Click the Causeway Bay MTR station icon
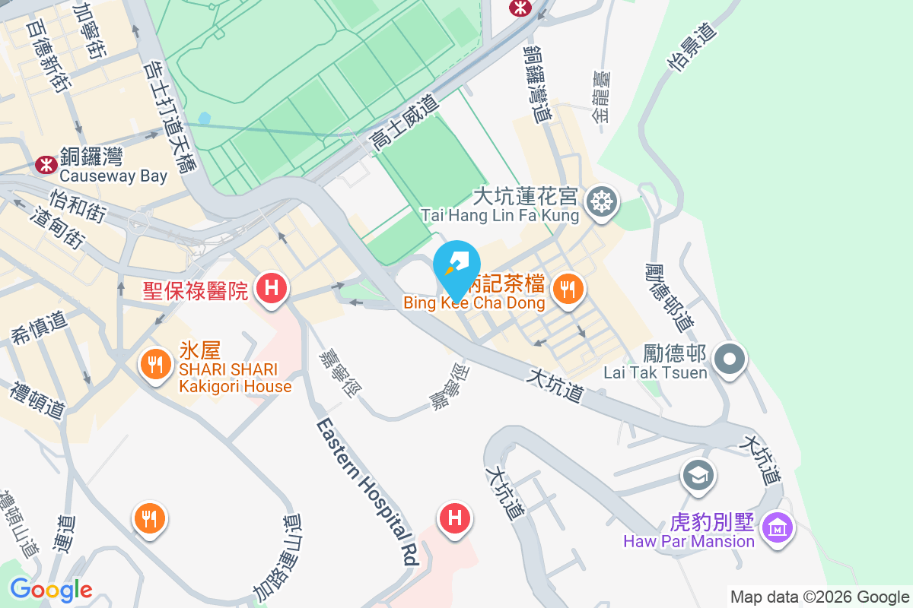(46, 163)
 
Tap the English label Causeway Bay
(113, 176)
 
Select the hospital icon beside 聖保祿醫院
(271, 289)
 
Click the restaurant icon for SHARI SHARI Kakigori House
(156, 364)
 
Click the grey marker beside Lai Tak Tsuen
(730, 359)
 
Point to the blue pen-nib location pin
(456, 268)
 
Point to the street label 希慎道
(37, 325)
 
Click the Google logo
(51, 590)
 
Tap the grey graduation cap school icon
(698, 475)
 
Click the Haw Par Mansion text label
(689, 541)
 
